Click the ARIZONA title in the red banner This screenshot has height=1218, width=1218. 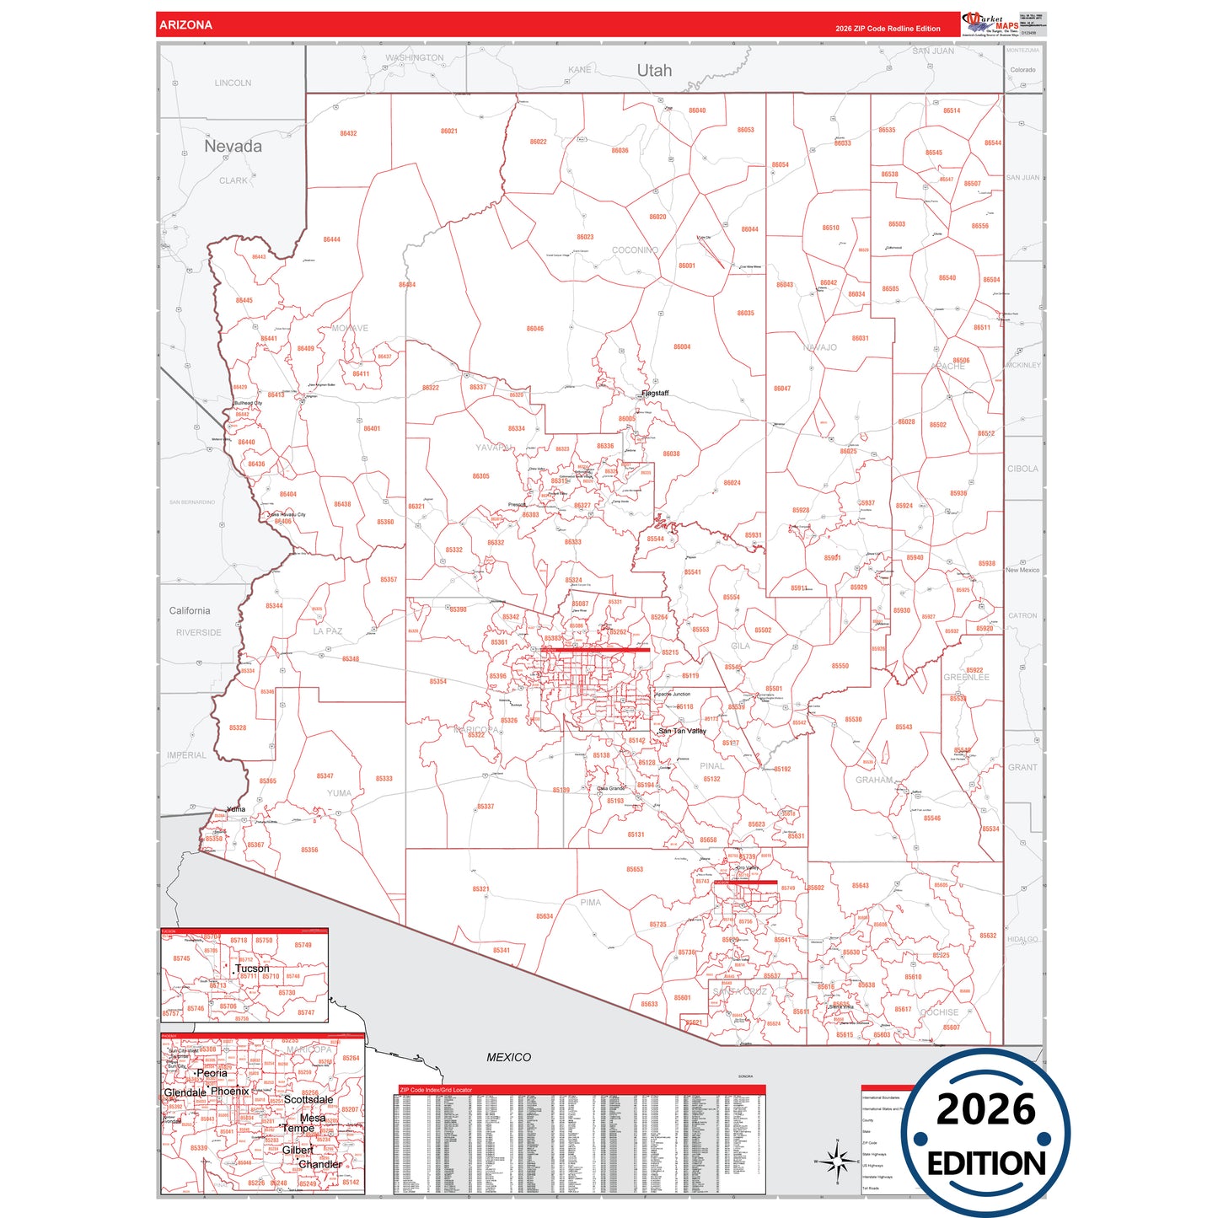(x=185, y=25)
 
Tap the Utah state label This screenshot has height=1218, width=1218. (x=654, y=71)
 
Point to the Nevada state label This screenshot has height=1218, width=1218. (x=233, y=147)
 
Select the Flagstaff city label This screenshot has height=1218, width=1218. (x=655, y=394)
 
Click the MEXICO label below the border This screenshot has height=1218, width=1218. (x=508, y=1057)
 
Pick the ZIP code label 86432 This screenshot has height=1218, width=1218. (x=348, y=133)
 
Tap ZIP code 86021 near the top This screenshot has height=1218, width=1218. (x=449, y=131)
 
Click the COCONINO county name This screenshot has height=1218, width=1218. (x=635, y=250)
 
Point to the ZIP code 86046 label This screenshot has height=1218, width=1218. (x=535, y=329)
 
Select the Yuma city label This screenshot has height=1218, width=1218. (x=236, y=809)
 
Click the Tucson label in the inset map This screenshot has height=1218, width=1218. (x=252, y=968)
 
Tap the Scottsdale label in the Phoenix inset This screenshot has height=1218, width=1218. (x=309, y=1099)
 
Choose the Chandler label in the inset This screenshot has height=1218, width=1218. (x=320, y=1164)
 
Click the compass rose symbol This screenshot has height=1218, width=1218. (x=837, y=1162)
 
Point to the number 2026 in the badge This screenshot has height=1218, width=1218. (x=985, y=1110)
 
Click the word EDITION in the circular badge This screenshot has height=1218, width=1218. (x=986, y=1164)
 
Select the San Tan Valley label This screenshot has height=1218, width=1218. (x=682, y=731)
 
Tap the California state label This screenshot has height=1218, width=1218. (x=190, y=611)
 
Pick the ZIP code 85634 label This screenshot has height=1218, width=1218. (x=545, y=916)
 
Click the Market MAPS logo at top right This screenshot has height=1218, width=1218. (x=990, y=24)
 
